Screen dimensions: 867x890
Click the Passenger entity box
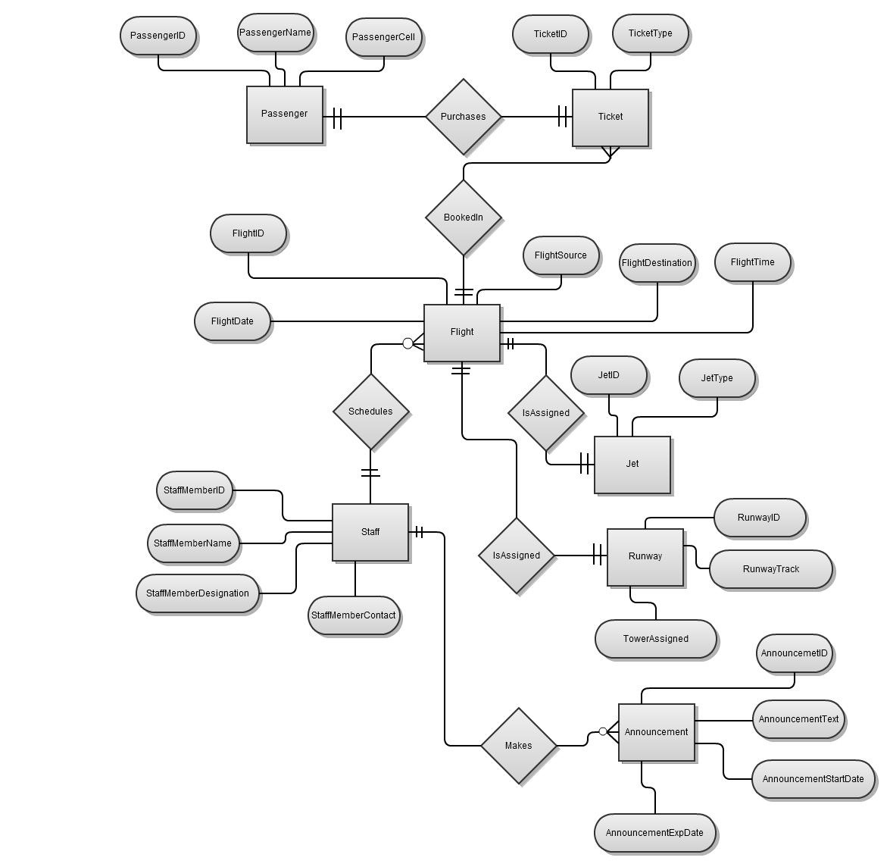[285, 114]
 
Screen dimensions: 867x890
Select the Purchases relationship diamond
[463, 117]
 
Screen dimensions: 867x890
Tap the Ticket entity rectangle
[611, 117]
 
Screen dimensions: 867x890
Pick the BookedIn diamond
[463, 218]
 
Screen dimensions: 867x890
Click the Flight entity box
[462, 333]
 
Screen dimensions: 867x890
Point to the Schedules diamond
[370, 412]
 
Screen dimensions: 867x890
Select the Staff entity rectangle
[370, 532]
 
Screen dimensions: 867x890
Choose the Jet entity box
[632, 465]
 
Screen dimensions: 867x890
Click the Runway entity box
[645, 557]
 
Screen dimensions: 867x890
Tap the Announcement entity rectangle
[657, 732]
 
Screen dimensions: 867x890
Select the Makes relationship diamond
[519, 746]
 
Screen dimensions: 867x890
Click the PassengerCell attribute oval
[383, 37]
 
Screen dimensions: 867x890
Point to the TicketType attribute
[651, 33]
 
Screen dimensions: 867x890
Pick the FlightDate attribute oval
[233, 321]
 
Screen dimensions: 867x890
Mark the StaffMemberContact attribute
[354, 615]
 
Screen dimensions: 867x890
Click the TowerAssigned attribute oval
[656, 639]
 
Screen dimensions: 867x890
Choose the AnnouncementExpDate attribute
[655, 833]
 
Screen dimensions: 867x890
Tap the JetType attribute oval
[717, 378]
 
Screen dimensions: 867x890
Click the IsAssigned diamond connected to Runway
[517, 556]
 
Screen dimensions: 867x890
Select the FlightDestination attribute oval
[657, 264]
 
